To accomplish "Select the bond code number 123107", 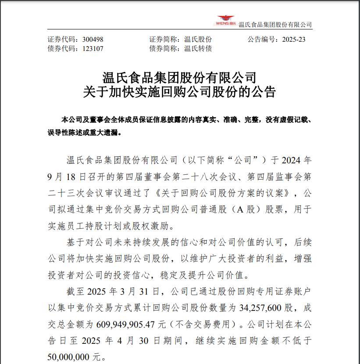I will [x=93, y=49].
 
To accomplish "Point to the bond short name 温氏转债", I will [x=198, y=49].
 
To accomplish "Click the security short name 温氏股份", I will [x=198, y=40].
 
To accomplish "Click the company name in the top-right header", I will [x=275, y=25].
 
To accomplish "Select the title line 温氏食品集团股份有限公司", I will [x=179, y=78].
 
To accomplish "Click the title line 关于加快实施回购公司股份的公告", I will [x=179, y=93].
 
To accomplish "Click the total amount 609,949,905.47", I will [x=131, y=324].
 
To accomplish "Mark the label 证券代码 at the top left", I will [x=61, y=40].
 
